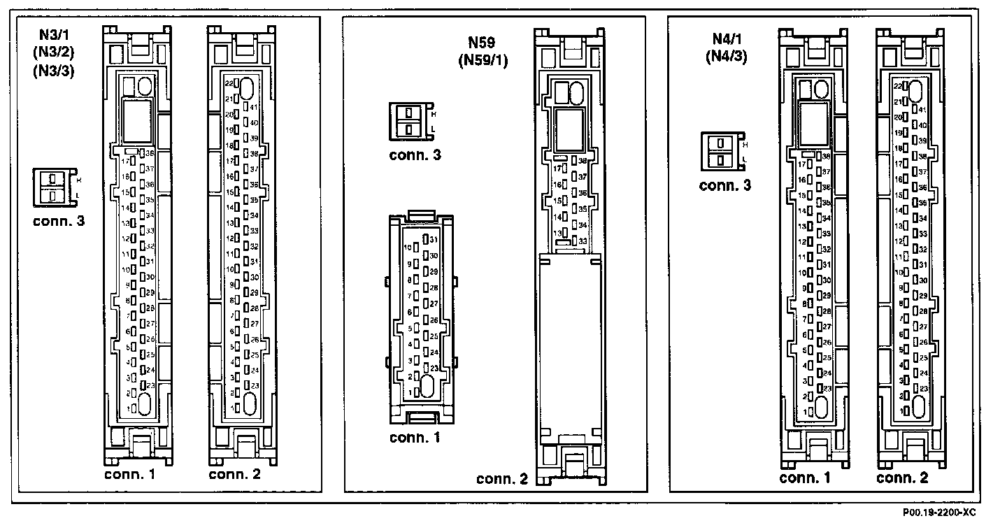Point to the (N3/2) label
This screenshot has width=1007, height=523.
pyautogui.click(x=57, y=53)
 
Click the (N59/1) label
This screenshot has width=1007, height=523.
pyautogui.click(x=483, y=60)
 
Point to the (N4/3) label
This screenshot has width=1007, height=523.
pyautogui.click(x=725, y=57)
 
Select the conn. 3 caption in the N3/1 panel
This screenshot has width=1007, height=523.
pyautogui.click(x=59, y=222)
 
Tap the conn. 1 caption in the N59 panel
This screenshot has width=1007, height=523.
pyautogui.click(x=415, y=438)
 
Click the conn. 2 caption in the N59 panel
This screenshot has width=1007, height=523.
pyautogui.click(x=501, y=479)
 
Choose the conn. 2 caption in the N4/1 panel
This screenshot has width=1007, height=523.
pyautogui.click(x=902, y=478)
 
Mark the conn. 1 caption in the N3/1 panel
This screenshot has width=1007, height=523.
pyautogui.click(x=129, y=474)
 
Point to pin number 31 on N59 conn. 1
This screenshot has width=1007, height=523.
pyautogui.click(x=433, y=240)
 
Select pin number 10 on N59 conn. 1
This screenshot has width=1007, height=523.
pyautogui.click(x=408, y=248)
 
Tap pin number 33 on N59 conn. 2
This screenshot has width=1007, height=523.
pyautogui.click(x=582, y=241)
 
